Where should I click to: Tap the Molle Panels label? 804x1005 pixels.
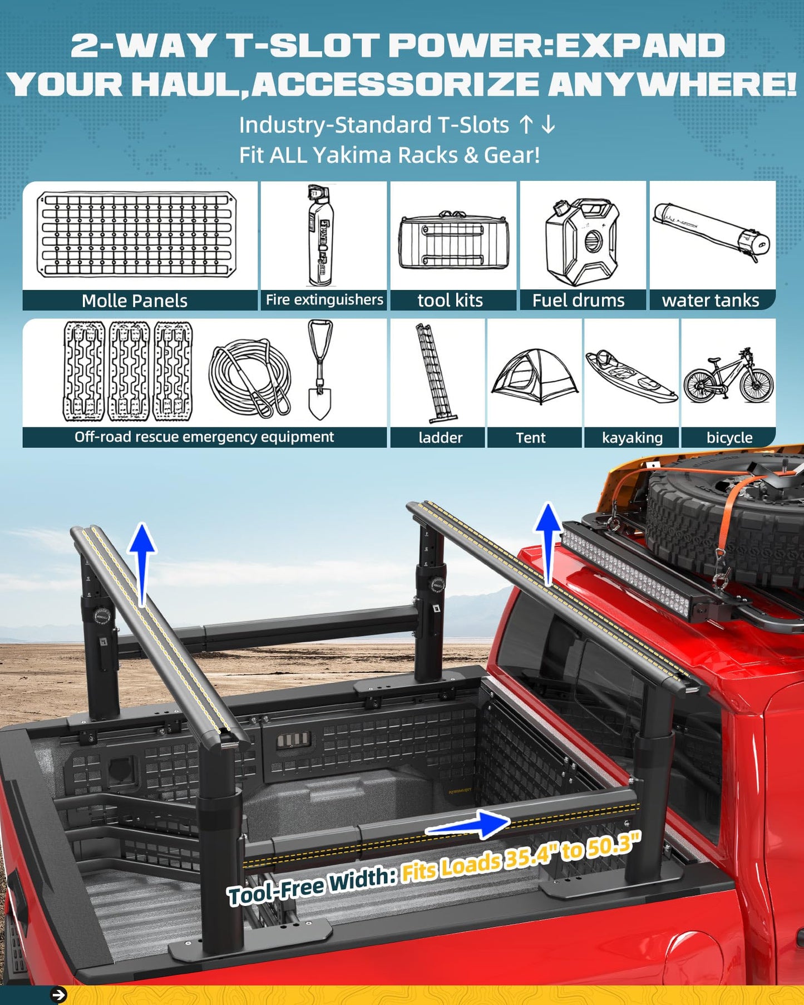point(135,300)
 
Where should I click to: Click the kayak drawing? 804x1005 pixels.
point(631,376)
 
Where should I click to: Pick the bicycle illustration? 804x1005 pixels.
point(729,376)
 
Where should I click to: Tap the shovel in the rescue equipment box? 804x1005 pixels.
point(320,370)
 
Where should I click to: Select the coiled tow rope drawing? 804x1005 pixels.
point(250,377)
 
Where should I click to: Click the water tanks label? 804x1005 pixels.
point(711,300)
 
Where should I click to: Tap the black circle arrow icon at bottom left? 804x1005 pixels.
point(58,994)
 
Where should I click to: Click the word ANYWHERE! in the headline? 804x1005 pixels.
point(672,85)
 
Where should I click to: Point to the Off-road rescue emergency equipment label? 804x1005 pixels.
point(204,437)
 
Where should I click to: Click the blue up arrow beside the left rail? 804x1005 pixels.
point(142,562)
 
